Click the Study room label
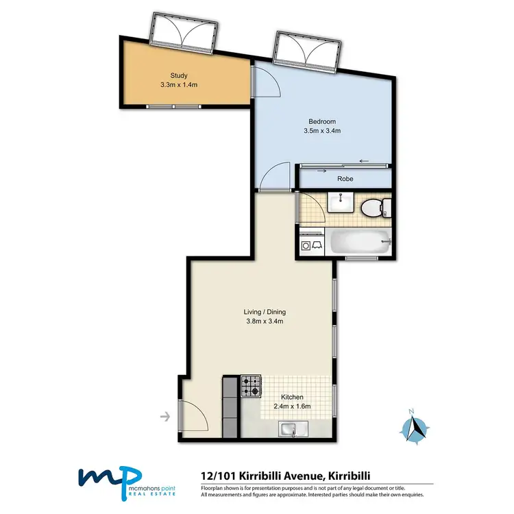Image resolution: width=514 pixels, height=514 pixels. point(178,76)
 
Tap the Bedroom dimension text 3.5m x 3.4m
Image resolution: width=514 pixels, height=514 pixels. point(322,131)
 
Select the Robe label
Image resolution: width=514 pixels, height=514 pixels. point(345,179)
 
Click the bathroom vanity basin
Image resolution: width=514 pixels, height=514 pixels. point(339,203)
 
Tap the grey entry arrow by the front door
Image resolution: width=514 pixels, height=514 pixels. point(164,415)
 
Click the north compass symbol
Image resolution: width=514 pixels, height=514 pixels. point(415,428)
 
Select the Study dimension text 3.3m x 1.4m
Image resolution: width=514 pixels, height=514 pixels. point(178,86)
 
